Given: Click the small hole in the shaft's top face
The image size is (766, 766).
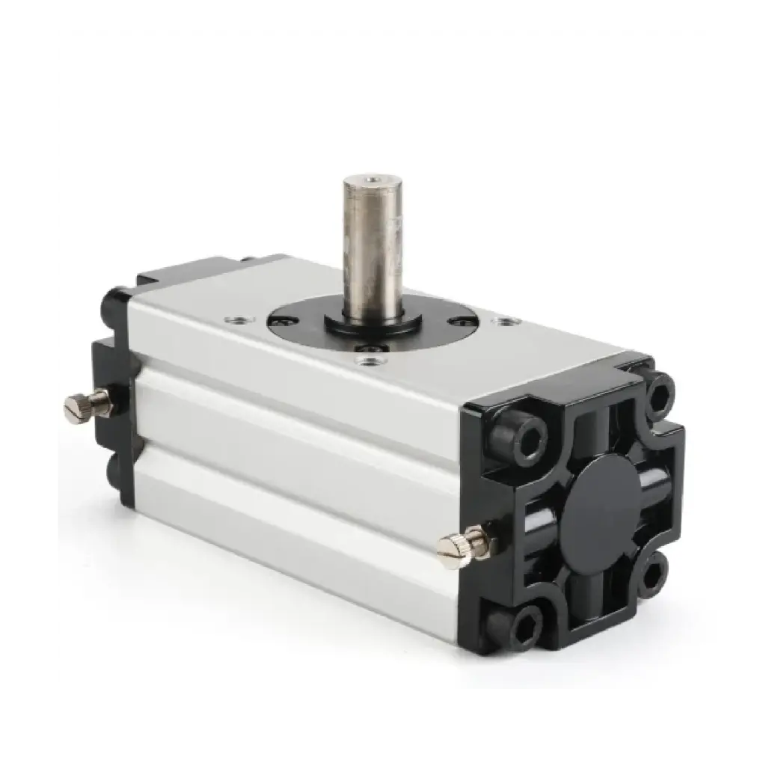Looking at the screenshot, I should click(368, 180).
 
